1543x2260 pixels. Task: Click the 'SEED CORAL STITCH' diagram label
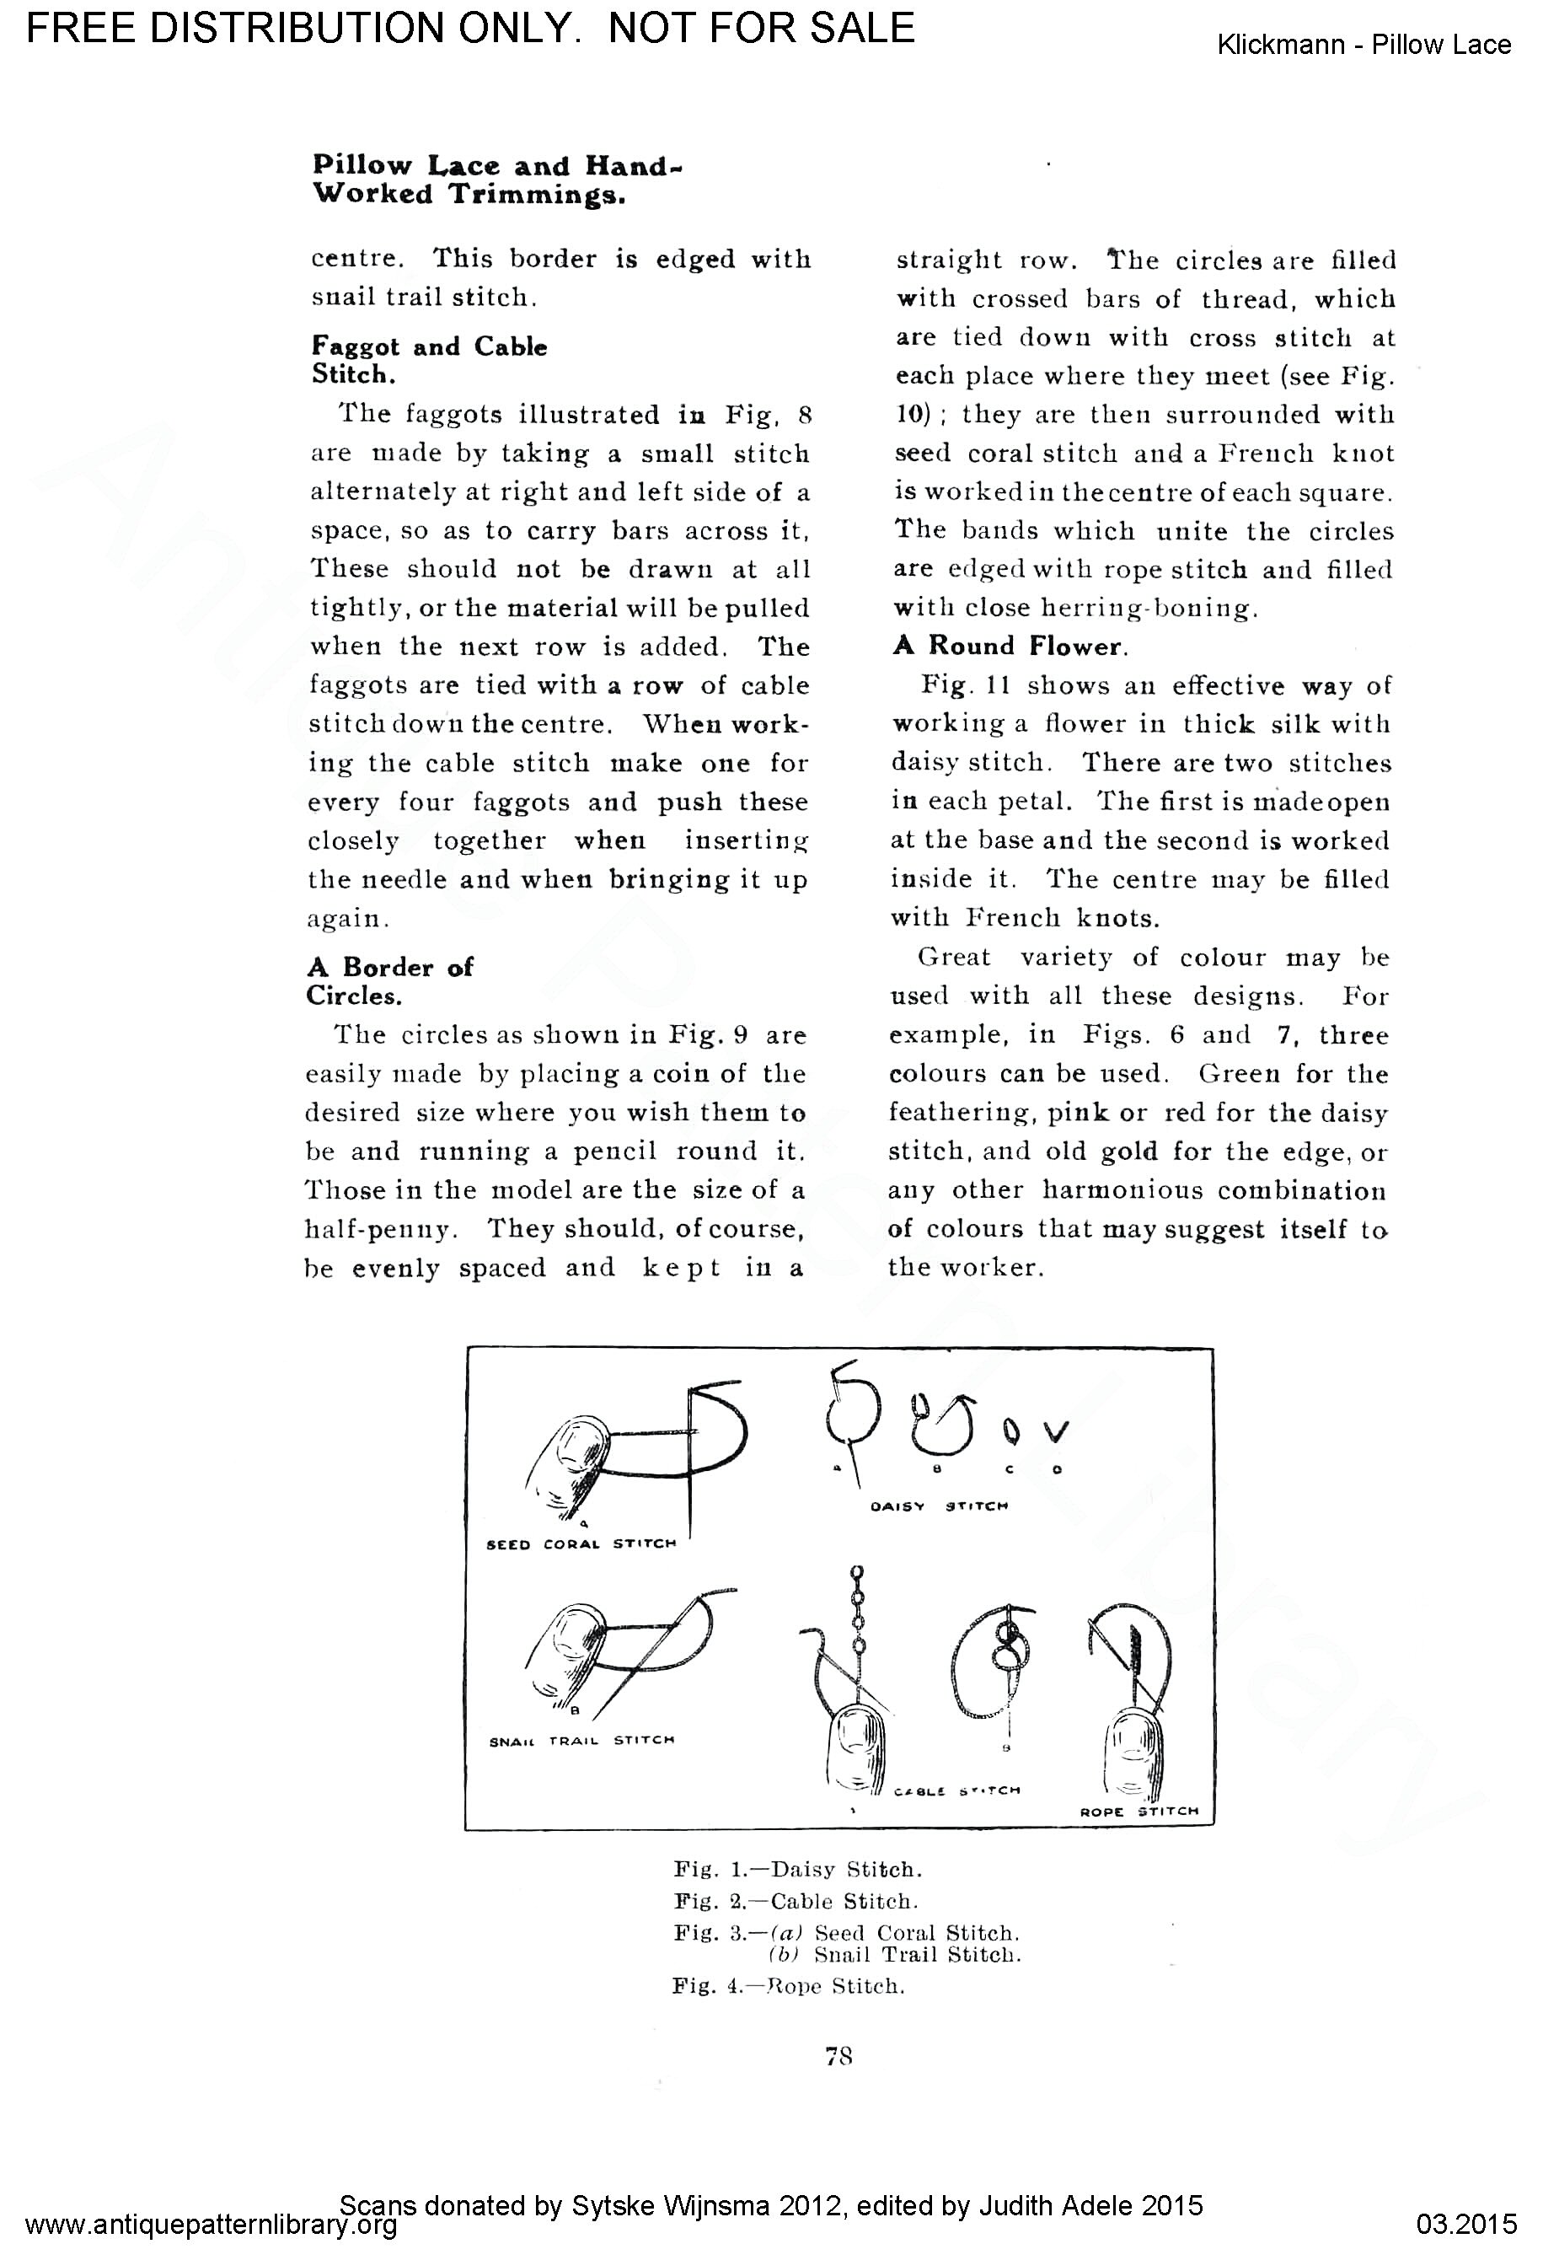[x=581, y=1543]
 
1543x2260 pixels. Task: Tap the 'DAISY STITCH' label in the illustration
[x=940, y=1506]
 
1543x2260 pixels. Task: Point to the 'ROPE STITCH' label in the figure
[x=1139, y=1812]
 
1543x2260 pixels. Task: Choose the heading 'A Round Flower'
[x=1011, y=646]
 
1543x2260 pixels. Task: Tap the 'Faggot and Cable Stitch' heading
[x=429, y=360]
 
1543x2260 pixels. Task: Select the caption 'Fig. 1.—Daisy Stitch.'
[x=797, y=1869]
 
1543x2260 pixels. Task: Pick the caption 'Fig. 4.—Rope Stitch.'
[x=789, y=1986]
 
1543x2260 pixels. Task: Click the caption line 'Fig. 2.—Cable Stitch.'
[x=796, y=1900]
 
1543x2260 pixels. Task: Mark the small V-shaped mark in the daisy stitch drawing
[x=1057, y=1431]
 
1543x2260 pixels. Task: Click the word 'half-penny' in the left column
[x=380, y=1229]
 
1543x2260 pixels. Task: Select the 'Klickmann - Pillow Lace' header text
[x=1364, y=45]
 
